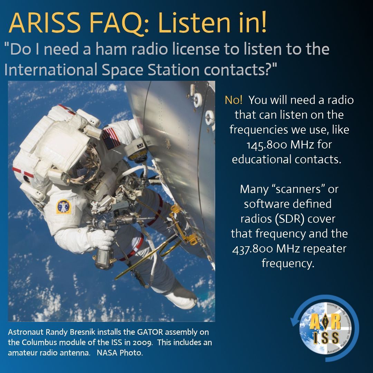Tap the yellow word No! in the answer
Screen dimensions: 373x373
233,100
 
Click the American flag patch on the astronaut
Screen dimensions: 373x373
111,138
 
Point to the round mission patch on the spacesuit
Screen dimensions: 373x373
63,206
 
